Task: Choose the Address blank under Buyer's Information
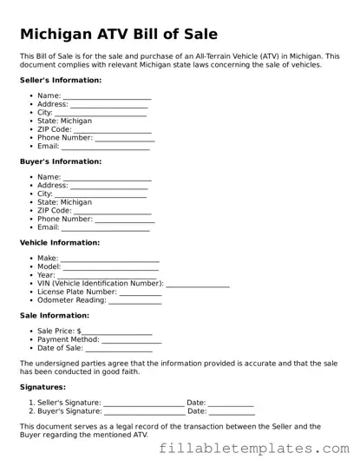coord(108,187)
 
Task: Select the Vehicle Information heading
coord(60,243)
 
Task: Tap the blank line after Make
coord(110,259)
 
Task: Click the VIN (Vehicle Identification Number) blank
coord(198,284)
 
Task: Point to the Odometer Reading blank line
coord(136,301)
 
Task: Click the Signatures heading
coord(43,387)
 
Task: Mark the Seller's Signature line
coord(144,404)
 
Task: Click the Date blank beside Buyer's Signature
coord(231,412)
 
